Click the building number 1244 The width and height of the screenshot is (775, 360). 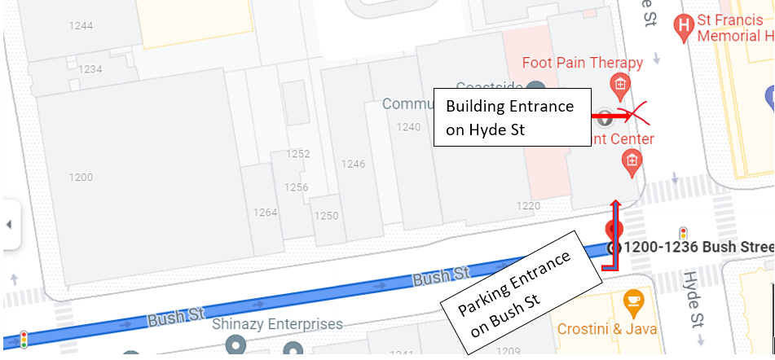(x=80, y=26)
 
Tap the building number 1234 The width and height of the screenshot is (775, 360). (x=90, y=69)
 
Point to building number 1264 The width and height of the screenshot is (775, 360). (x=266, y=213)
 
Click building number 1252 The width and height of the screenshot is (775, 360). (x=298, y=154)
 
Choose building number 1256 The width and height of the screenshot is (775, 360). (x=296, y=187)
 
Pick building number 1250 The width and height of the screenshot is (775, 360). (x=326, y=216)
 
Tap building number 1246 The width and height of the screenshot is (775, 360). (x=353, y=164)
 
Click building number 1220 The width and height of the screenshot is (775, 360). (x=528, y=205)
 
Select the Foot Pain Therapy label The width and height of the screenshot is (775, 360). (x=582, y=63)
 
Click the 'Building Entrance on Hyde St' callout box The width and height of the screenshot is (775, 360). (x=511, y=117)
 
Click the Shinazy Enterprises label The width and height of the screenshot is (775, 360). (x=277, y=324)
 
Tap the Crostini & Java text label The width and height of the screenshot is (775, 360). (x=606, y=329)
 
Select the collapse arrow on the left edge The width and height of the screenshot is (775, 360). (x=9, y=224)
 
